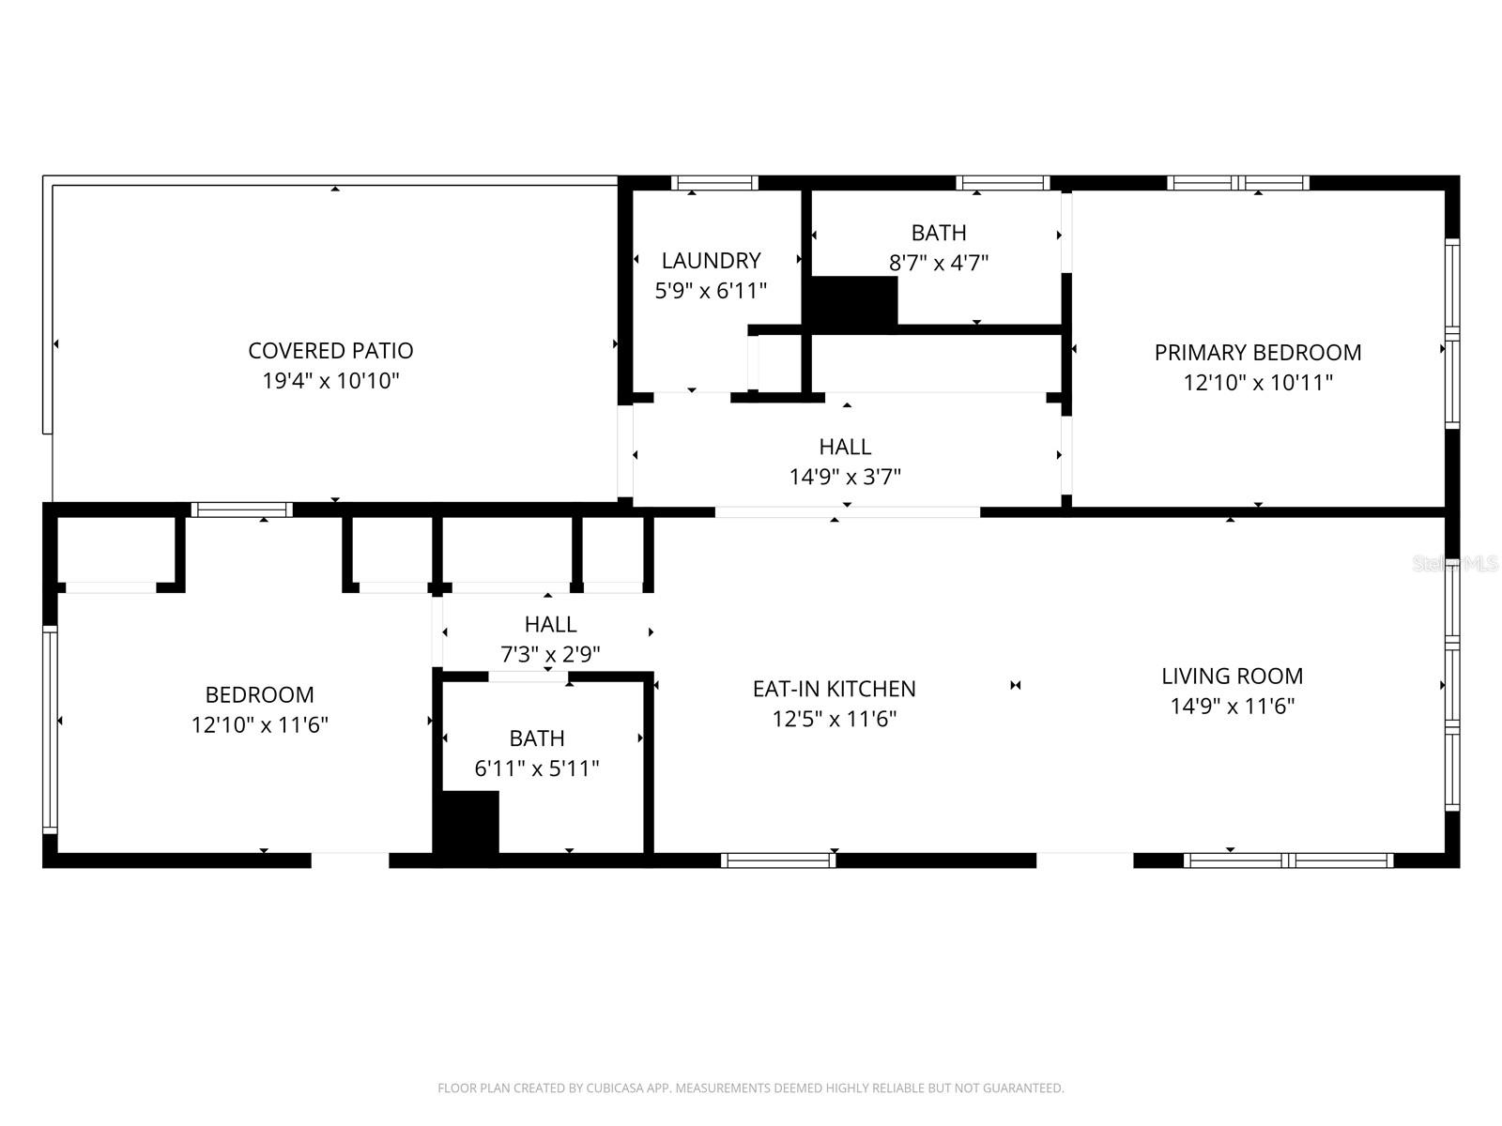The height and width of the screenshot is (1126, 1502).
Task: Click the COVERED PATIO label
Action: coord(330,350)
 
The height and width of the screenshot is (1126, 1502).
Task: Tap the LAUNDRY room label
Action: coord(711,260)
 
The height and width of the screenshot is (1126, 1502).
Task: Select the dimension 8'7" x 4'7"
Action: coord(939,263)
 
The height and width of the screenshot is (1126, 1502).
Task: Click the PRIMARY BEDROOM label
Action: coord(1257,352)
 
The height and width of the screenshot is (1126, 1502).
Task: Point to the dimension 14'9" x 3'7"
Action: coord(845,477)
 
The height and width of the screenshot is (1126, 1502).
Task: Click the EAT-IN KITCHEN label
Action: coord(834,689)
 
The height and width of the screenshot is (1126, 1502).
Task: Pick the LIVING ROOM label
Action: coord(1232,676)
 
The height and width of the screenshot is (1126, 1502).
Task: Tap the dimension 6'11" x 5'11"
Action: coord(537,768)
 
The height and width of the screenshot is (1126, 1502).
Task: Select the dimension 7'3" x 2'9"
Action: coord(550,654)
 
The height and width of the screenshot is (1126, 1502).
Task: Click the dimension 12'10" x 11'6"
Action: coord(260,725)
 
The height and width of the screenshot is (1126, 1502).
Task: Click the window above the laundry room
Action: coord(714,183)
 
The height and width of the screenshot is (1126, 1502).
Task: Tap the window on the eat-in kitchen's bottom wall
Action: coord(778,860)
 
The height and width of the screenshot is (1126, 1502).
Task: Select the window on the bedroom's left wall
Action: coord(50,729)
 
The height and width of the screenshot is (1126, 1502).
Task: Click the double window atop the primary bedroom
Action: coord(1237,183)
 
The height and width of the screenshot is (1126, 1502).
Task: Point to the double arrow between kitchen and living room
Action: coord(1015,686)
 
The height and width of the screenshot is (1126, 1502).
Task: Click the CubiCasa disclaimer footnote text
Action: coord(750,1088)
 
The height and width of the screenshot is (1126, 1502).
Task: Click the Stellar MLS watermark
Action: coord(1455,564)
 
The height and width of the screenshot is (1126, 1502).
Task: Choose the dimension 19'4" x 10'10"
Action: coord(330,381)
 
